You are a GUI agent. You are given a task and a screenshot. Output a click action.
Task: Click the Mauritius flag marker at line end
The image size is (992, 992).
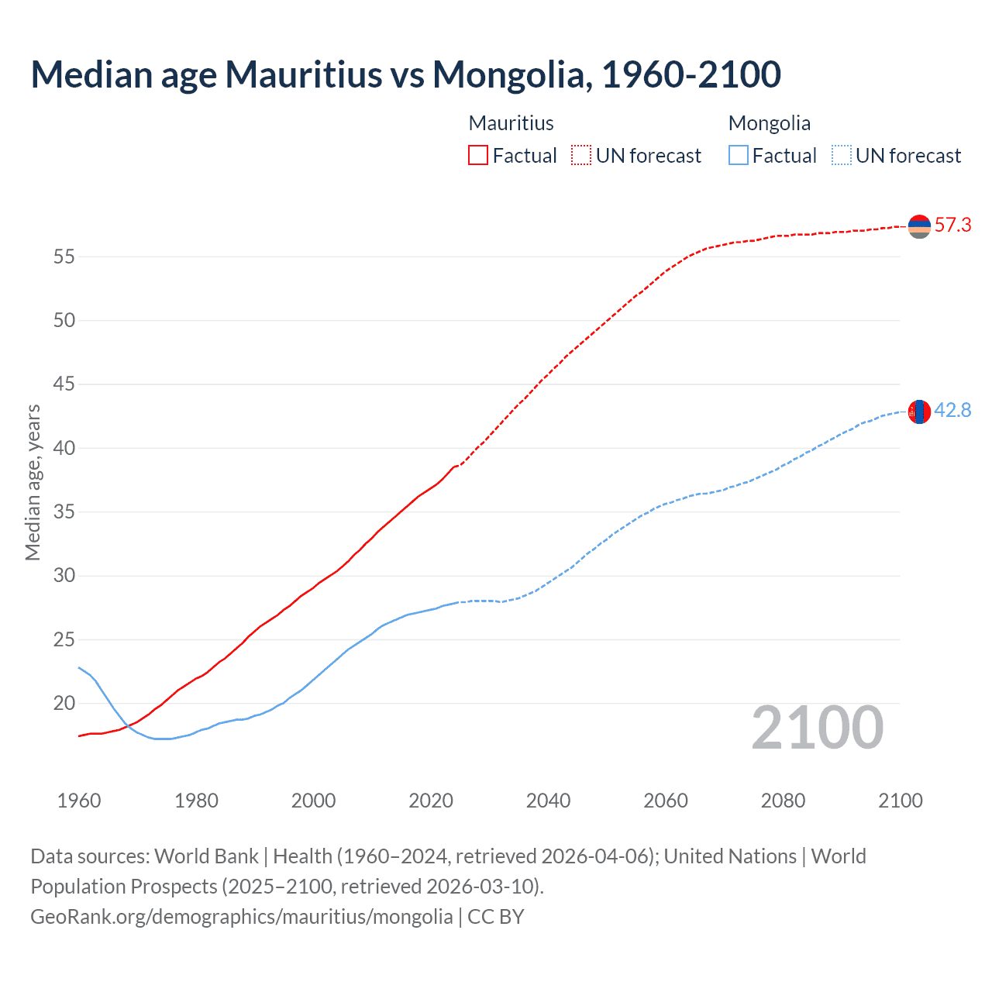[x=919, y=226]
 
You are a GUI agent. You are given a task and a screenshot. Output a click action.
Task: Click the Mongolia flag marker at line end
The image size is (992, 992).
[x=919, y=412]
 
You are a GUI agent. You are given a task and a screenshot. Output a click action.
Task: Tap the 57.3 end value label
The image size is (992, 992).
[x=952, y=226]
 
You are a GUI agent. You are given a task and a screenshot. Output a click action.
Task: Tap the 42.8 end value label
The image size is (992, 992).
[x=952, y=411]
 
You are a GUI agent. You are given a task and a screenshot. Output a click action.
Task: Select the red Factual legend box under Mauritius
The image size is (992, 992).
[x=478, y=156]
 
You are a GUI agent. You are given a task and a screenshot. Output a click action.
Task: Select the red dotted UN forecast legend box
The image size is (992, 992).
[x=581, y=156]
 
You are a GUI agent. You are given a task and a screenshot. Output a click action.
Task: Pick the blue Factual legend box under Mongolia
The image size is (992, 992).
[x=739, y=156]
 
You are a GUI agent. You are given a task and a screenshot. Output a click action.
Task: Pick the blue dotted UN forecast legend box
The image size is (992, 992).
[x=841, y=156]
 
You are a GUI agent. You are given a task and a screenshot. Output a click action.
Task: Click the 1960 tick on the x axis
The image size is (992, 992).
[x=79, y=801]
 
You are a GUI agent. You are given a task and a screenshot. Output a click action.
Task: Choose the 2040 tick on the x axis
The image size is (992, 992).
[x=548, y=801]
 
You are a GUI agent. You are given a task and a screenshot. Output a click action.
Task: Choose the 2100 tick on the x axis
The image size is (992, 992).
[x=900, y=801]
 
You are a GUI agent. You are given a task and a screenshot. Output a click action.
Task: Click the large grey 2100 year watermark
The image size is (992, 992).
[x=817, y=727]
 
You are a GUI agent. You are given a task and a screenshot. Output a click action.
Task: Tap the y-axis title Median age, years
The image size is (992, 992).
[x=33, y=482]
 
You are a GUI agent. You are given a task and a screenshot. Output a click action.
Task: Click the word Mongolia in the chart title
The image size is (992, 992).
[x=508, y=74]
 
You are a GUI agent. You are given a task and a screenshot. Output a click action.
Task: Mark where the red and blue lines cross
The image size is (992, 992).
[x=127, y=725]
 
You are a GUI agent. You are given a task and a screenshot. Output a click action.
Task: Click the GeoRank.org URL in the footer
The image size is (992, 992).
[x=241, y=917]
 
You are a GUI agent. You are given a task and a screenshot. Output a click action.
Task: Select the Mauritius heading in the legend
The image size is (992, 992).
[x=511, y=123]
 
